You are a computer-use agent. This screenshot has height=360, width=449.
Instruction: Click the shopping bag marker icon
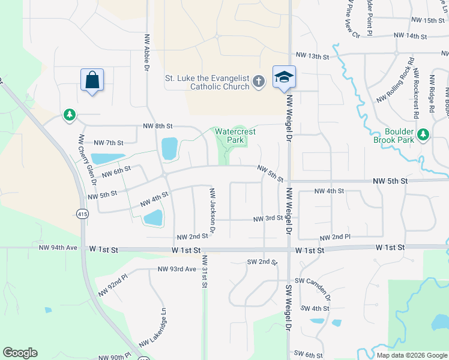(92, 80)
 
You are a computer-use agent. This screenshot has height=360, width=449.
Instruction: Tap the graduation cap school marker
(284, 77)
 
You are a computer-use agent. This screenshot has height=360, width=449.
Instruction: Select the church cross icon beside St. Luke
(259, 81)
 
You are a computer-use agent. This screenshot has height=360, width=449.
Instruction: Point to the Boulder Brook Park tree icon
(424, 134)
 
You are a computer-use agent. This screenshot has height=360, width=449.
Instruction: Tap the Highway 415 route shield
(82, 213)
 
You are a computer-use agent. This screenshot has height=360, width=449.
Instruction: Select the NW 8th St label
(158, 127)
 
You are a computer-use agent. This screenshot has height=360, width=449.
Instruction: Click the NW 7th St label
(109, 143)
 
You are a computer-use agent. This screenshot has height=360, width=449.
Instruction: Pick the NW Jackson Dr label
(212, 211)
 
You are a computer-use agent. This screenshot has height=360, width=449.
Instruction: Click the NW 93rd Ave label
(177, 269)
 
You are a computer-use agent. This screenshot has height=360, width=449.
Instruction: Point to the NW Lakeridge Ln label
(152, 329)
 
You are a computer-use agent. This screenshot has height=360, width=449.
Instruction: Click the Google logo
(20, 353)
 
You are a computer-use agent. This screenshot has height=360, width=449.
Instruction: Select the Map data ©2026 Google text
(411, 355)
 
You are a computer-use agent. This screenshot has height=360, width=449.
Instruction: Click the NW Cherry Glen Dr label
(80, 158)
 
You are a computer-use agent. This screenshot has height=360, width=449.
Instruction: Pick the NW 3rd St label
(268, 219)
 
